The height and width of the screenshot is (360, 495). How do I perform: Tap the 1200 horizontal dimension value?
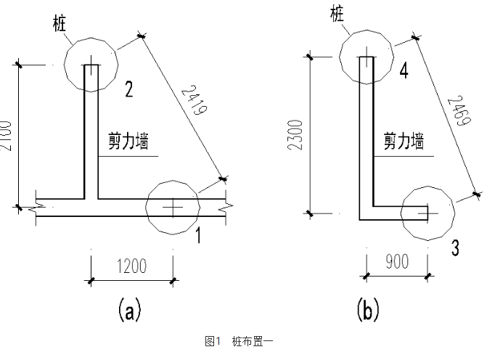(x=131, y=265)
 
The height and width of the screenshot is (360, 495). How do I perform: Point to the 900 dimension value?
(x=397, y=262)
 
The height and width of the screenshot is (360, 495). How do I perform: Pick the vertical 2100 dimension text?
(x=7, y=134)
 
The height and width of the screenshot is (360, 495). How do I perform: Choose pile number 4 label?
(x=404, y=71)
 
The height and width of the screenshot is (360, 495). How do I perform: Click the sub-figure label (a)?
(x=129, y=311)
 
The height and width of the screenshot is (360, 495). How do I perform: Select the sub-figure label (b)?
(x=368, y=311)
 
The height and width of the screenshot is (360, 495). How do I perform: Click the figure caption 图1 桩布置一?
(x=239, y=340)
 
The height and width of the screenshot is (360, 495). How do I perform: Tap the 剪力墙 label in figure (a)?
(x=128, y=144)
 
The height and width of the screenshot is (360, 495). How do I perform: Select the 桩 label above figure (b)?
(x=336, y=12)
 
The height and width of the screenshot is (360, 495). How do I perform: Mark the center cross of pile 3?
(x=427, y=212)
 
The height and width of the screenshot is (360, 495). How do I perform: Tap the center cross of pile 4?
(x=368, y=62)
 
